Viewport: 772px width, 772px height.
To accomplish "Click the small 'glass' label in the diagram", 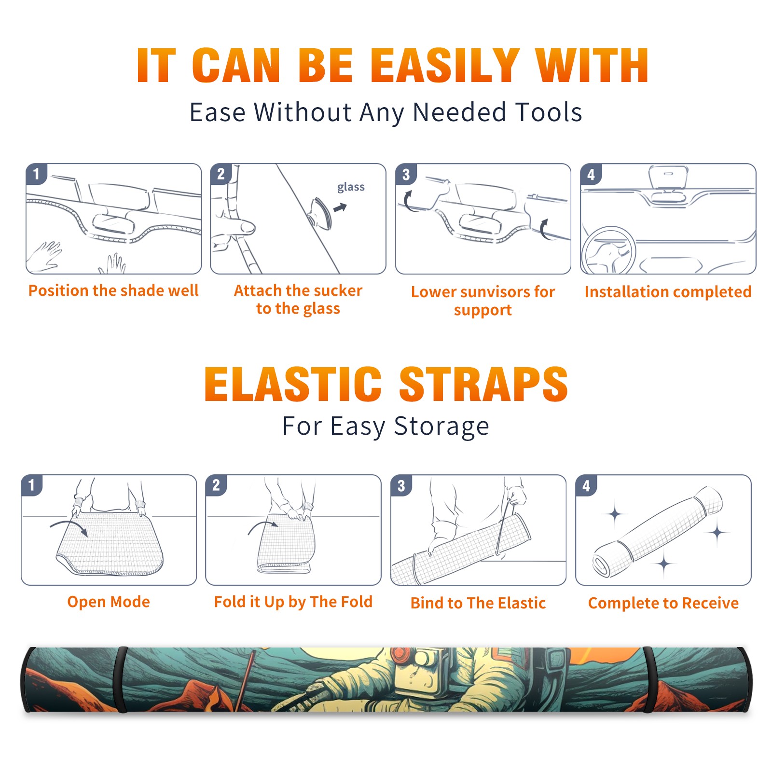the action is [x=351, y=187].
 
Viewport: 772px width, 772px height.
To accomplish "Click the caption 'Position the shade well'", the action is [x=113, y=290].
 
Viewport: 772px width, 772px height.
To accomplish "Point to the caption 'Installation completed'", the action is [x=668, y=291].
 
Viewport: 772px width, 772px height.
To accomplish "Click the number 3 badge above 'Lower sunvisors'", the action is [x=406, y=174].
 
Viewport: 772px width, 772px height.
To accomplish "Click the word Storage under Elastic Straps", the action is [x=441, y=427].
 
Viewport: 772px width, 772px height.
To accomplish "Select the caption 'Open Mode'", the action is [x=109, y=602].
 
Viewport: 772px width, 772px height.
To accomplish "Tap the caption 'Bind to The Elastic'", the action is [x=478, y=603].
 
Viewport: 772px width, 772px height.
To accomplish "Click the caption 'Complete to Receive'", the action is [x=663, y=603].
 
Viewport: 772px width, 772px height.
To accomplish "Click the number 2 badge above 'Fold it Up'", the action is [x=216, y=485].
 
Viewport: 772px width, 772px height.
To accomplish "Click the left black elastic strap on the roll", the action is [x=121, y=679].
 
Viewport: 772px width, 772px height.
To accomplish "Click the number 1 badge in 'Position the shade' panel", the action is [x=36, y=174].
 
